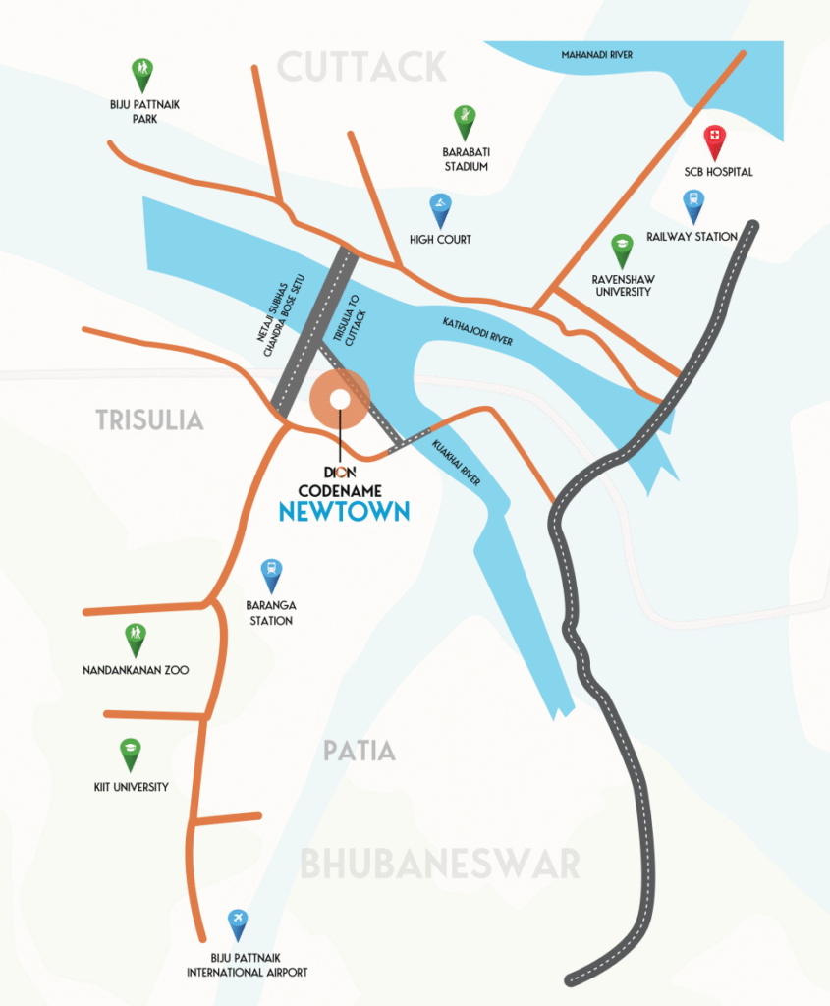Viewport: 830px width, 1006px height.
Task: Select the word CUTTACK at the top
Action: [361, 68]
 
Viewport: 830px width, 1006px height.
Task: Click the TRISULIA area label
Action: [149, 420]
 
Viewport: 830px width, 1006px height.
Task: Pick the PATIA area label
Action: [360, 752]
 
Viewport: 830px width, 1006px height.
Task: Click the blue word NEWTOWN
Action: [343, 512]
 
